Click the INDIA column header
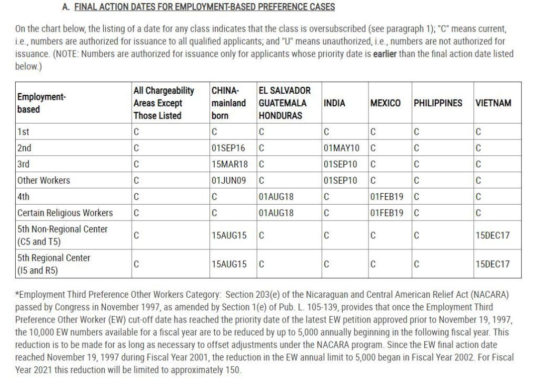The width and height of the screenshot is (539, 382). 335,103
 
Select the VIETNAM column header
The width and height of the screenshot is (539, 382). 493,103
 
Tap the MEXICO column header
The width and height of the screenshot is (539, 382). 385,103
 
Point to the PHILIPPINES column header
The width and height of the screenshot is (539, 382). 438,103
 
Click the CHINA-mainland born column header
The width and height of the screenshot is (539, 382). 228,103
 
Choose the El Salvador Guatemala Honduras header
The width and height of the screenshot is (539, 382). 285,103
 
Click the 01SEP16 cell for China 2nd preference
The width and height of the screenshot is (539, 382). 228,148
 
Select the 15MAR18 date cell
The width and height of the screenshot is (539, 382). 229,164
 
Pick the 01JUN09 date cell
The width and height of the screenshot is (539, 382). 229,180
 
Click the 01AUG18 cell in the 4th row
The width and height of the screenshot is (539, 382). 276,197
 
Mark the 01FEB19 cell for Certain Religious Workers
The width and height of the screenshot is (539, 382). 387,213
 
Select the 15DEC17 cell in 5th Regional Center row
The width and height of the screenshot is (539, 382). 493,264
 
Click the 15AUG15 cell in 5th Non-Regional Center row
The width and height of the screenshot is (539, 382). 229,235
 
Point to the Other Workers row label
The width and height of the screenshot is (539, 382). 44,180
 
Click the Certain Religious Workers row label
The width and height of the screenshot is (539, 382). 65,213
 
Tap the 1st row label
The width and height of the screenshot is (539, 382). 23,132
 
